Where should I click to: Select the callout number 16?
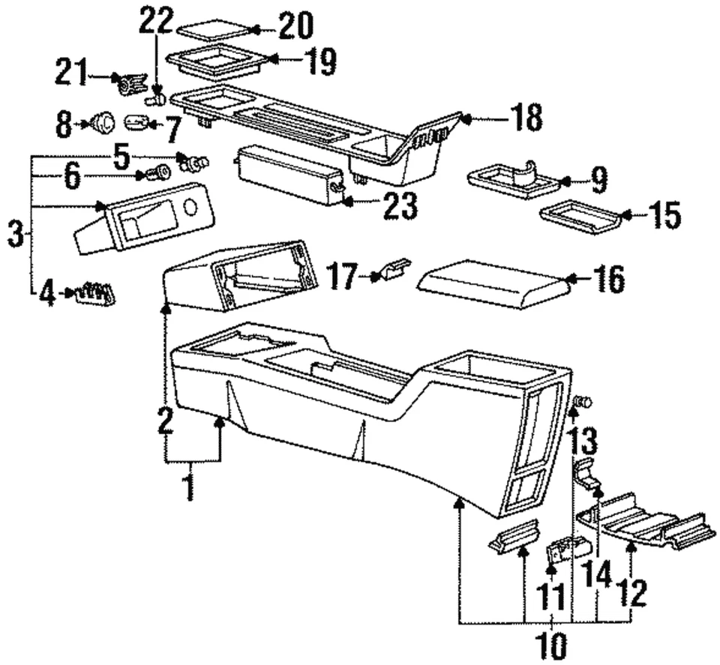pos(607,280)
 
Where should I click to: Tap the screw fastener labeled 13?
pos(582,403)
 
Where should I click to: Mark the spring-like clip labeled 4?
pos(96,292)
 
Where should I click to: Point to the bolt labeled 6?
pos(157,175)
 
